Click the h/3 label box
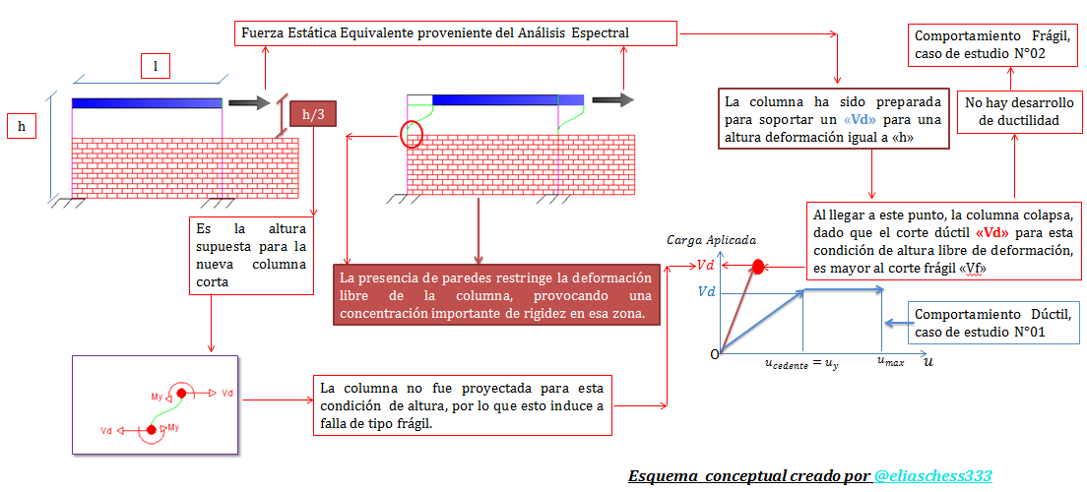coord(313,114)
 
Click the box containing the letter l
coord(155,66)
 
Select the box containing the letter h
coord(21,126)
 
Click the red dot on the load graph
coord(758,266)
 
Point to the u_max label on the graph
coord(890,362)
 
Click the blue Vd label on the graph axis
coord(706,292)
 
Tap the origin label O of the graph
coord(715,353)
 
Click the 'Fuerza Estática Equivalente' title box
coord(456,33)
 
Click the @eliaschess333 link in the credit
coord(931,476)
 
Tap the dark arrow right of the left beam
coord(249,102)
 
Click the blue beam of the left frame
coord(147,102)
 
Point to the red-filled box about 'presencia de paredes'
coord(495,294)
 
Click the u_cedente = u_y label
coord(801,363)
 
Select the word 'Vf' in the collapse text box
coord(970,268)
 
